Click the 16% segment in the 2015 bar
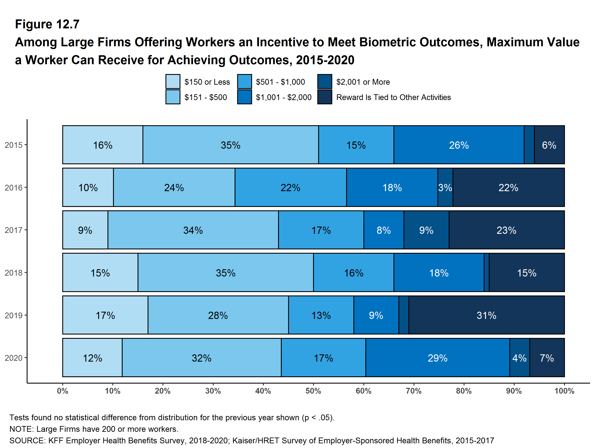103,145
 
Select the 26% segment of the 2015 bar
459,145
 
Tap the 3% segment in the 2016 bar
445,187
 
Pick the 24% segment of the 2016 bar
174,187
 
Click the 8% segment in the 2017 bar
384,230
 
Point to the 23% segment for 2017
506,230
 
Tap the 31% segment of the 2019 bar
486,315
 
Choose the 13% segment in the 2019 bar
321,315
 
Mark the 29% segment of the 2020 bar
437,358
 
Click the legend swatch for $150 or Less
173,81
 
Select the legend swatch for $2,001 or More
324,81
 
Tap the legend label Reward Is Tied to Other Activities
393,97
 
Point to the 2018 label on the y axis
13,273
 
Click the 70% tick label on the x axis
414,391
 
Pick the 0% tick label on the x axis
62,391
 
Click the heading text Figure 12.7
47,24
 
